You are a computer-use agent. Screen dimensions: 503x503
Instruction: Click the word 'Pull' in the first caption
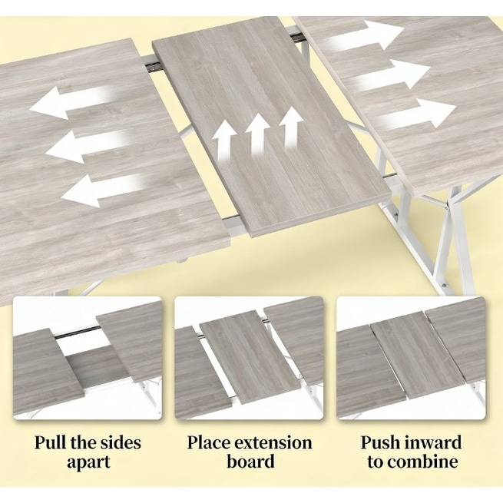(50, 442)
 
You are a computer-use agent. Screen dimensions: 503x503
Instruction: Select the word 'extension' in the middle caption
(273, 442)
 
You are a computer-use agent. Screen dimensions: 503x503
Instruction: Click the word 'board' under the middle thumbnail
(250, 462)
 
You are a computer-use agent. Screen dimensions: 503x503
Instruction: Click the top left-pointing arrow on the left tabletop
(71, 102)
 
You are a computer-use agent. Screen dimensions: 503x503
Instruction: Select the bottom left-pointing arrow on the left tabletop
(102, 190)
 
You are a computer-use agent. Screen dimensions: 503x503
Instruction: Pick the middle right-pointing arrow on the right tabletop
(389, 75)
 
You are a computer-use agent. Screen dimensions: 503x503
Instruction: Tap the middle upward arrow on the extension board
(257, 134)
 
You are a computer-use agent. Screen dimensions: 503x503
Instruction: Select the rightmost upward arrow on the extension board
(290, 128)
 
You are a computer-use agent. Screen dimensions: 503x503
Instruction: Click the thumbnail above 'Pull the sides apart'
(88, 358)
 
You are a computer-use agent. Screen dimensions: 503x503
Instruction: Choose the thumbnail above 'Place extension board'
(249, 358)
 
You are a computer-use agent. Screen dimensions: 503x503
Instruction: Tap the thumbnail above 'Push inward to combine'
(411, 358)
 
